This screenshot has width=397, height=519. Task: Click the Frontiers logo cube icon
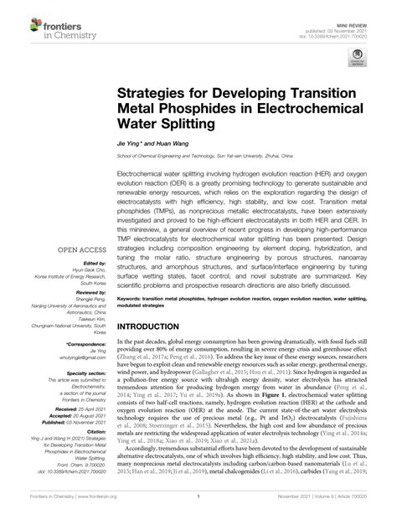pyautogui.click(x=18, y=18)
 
